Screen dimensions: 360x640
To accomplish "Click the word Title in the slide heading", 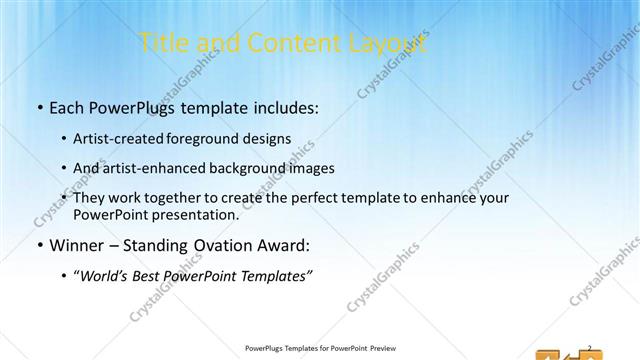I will [x=163, y=43].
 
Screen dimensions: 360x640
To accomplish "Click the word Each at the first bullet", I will [x=68, y=107].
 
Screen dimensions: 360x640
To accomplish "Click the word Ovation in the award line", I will [x=228, y=245].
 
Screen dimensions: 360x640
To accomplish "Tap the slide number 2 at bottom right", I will [x=590, y=347].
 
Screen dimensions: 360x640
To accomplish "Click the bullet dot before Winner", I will [x=39, y=246].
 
